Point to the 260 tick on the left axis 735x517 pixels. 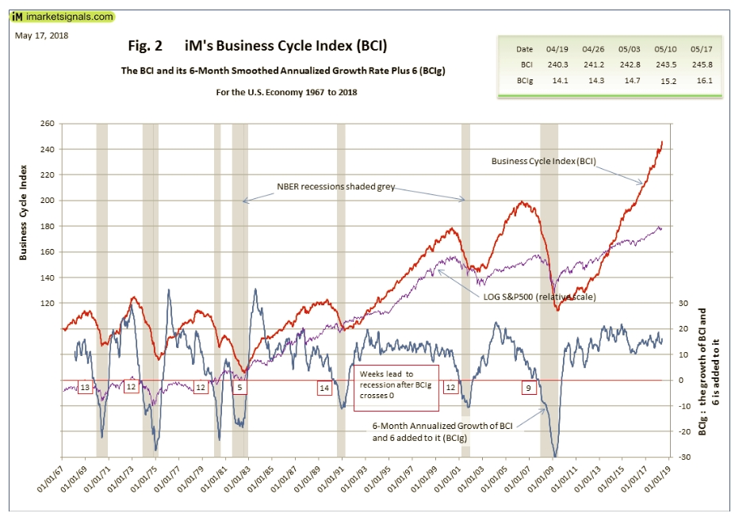(48, 124)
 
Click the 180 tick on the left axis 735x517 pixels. (48, 226)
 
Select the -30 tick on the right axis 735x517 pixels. (681, 458)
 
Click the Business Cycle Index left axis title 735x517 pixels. (25, 213)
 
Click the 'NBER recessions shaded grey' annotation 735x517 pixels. (335, 189)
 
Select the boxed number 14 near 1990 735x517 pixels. (323, 388)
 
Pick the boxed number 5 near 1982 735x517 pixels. (239, 388)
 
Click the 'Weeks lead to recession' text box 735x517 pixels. (396, 389)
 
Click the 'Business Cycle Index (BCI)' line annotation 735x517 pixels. (543, 161)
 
